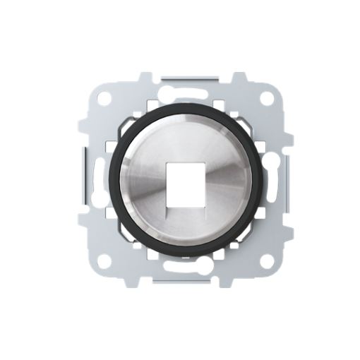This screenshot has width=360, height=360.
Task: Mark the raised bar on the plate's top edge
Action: tap(181, 73)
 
